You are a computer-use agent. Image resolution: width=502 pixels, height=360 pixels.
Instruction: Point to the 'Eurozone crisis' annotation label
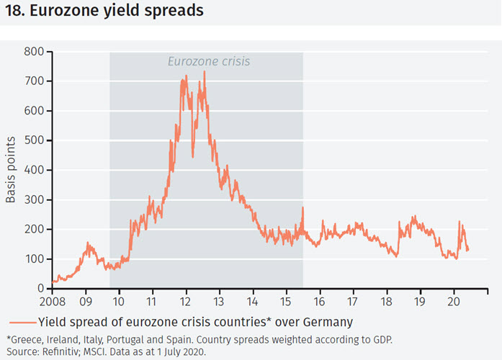tap(209, 61)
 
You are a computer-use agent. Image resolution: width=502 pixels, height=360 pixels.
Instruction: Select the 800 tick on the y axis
tap(35, 52)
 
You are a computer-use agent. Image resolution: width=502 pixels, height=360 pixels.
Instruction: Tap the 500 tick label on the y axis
tap(35, 140)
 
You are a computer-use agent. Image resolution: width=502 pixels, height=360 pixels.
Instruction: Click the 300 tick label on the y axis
tap(35, 199)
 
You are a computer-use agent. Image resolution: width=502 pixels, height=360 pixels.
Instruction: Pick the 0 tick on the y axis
tap(40, 288)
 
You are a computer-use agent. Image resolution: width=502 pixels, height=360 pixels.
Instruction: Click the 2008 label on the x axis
tap(52, 301)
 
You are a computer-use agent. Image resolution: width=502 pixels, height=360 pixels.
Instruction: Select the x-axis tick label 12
tap(186, 301)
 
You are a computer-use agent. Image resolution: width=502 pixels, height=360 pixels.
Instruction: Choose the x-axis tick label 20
tap(454, 301)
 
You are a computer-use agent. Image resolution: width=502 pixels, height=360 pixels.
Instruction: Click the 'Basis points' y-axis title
tap(12, 170)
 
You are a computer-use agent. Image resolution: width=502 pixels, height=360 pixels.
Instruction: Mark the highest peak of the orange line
tap(205, 71)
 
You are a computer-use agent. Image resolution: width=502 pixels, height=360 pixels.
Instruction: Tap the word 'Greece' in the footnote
tap(25, 338)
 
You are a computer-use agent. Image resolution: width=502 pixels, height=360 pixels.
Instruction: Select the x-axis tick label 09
tap(86, 301)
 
